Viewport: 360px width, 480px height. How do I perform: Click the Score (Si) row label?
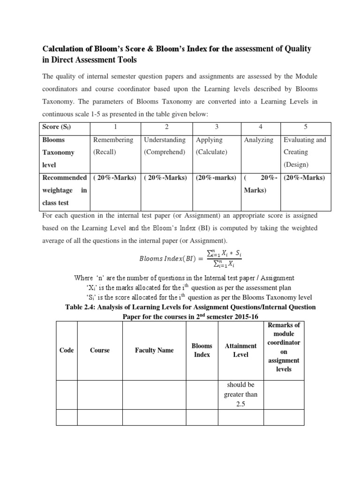coord(58,127)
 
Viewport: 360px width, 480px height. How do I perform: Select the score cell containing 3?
coord(217,127)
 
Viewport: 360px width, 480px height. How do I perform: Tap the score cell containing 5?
coord(305,127)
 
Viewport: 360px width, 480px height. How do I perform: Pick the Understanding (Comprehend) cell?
coord(165,146)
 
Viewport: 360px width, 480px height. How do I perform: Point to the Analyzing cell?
coord(258,140)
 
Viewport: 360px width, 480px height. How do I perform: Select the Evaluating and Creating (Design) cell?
coord(305,152)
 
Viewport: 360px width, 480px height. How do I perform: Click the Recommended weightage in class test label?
coord(64,190)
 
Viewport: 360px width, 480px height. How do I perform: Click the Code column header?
coord(67,350)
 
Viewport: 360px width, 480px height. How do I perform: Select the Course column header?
coord(100,350)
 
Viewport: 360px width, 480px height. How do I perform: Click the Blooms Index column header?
coord(202,350)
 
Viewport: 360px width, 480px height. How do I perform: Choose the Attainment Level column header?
coord(240,350)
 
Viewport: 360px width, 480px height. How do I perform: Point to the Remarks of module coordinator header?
coord(284,347)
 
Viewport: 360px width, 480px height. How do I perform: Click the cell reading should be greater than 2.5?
coord(240,394)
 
